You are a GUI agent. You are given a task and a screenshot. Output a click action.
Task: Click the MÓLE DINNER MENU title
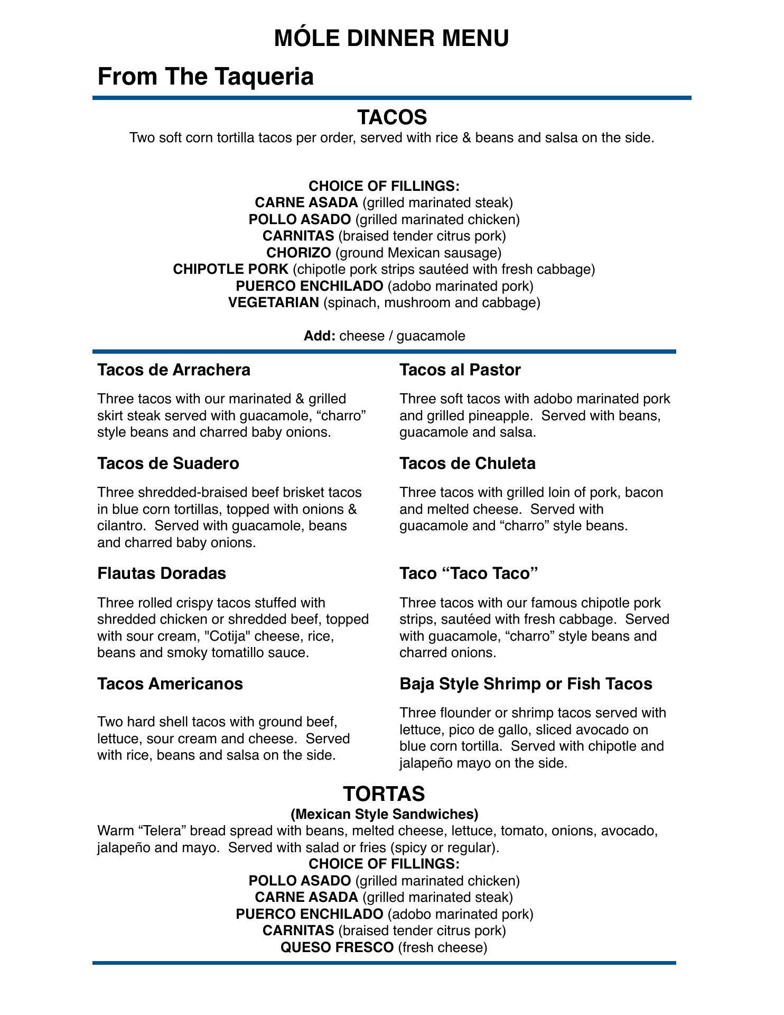(x=391, y=39)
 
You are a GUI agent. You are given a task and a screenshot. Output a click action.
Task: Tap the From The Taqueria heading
(x=206, y=76)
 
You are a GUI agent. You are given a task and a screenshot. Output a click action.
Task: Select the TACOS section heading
(x=391, y=117)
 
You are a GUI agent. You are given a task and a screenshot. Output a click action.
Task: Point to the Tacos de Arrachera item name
(x=174, y=370)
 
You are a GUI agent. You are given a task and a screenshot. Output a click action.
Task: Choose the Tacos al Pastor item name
(x=460, y=370)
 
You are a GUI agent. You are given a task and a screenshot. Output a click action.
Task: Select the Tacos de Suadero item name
(x=168, y=464)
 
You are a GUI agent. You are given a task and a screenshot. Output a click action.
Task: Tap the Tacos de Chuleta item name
(x=468, y=464)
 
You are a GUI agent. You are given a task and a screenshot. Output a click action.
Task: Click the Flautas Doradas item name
(x=162, y=574)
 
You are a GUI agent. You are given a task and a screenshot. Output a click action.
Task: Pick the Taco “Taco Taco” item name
(x=469, y=574)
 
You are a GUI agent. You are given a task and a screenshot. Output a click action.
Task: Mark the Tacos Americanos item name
(x=170, y=684)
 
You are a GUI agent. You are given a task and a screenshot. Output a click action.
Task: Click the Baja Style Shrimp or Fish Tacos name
(x=526, y=684)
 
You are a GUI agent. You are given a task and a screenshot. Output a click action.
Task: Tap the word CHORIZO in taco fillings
(x=298, y=253)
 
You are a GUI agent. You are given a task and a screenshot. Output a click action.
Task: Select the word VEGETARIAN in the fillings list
(x=274, y=303)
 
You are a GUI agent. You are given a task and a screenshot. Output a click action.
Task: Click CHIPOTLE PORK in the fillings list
(x=231, y=270)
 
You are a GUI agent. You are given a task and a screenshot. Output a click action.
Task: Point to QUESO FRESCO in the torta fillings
(x=337, y=948)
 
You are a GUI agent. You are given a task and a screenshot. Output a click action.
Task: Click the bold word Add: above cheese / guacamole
(x=320, y=336)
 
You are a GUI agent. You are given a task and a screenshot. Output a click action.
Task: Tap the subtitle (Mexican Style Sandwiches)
(x=385, y=813)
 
